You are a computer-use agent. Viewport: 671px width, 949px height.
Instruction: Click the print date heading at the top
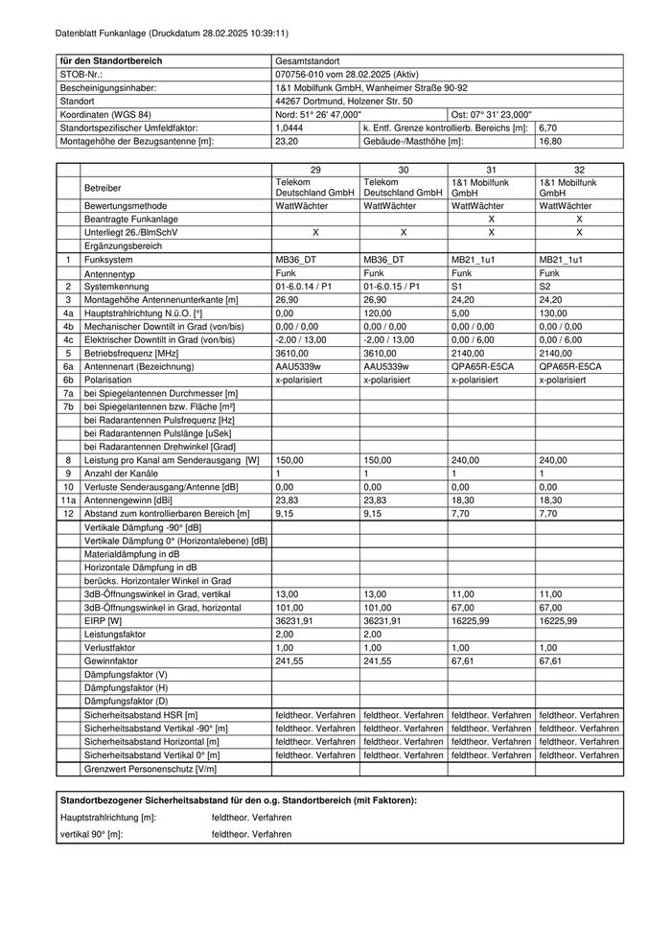(165, 32)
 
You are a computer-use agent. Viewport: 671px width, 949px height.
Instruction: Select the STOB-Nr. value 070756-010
(346, 74)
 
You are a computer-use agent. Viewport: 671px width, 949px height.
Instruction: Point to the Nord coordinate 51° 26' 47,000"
(317, 114)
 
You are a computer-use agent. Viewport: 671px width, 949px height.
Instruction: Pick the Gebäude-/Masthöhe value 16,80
(548, 141)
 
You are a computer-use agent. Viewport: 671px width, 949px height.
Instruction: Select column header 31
(491, 169)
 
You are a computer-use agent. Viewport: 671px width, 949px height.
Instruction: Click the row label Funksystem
(110, 260)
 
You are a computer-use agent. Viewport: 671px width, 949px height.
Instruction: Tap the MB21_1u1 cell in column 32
(562, 260)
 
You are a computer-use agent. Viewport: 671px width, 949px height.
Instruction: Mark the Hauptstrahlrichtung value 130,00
(553, 312)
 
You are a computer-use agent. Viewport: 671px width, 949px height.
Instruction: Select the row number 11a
(68, 499)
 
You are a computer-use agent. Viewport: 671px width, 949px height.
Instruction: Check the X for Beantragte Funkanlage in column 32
(579, 220)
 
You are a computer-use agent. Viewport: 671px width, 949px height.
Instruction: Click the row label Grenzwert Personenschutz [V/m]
(150, 768)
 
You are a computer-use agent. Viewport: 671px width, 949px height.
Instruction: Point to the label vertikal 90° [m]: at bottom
(92, 834)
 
